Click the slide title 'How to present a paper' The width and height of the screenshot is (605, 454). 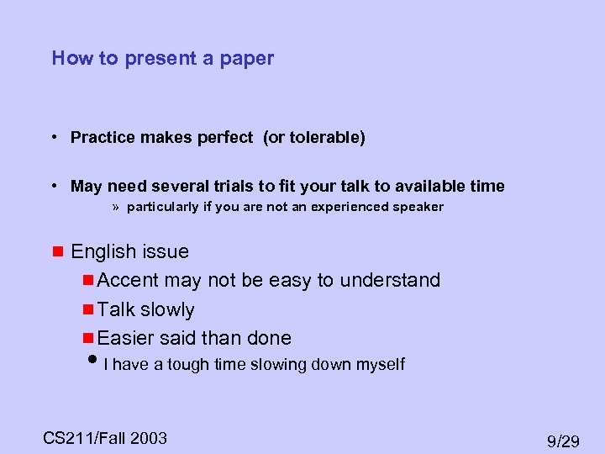pyautogui.click(x=162, y=58)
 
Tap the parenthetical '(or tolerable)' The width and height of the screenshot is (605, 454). pyautogui.click(x=314, y=137)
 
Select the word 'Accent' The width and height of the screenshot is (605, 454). pyautogui.click(x=129, y=280)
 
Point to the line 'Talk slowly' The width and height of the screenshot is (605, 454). pyautogui.click(x=145, y=309)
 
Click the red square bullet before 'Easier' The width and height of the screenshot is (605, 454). pyautogui.click(x=88, y=338)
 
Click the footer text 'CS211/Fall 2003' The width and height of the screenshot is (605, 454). pyautogui.click(x=105, y=437)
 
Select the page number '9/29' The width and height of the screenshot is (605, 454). pyautogui.click(x=562, y=441)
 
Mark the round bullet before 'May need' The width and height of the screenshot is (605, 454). pyautogui.click(x=53, y=186)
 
